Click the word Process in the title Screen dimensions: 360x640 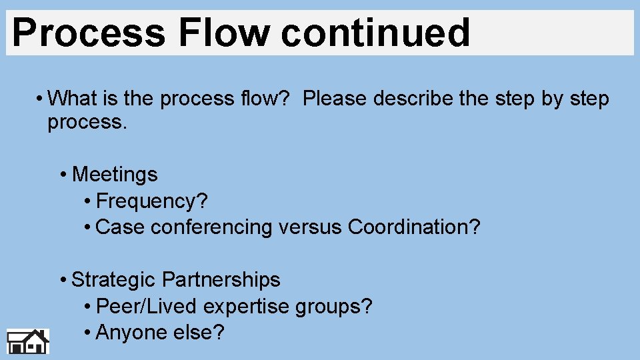point(87,33)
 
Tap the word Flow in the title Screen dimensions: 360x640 point(222,33)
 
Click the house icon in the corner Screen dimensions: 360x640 point(28,341)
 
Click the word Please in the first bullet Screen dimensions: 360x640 point(335,99)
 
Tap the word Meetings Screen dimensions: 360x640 point(115,175)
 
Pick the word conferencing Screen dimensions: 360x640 point(212,227)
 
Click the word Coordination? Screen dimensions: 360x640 point(414,227)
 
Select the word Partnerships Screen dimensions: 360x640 point(221,279)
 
